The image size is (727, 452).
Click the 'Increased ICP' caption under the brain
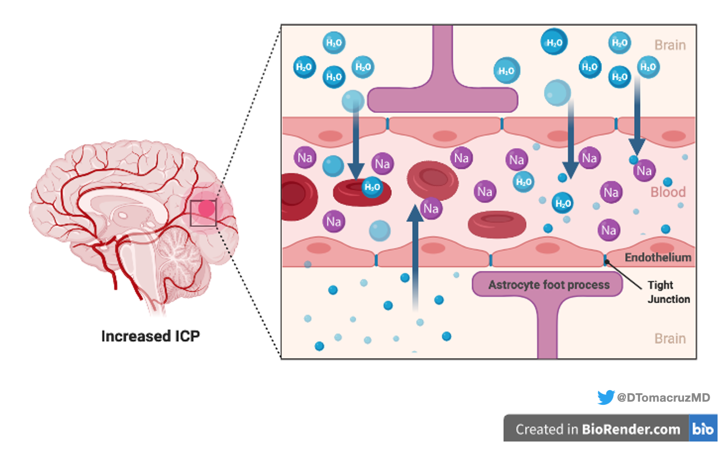(151, 336)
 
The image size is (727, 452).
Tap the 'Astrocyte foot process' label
(549, 285)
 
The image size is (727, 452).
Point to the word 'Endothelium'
(658, 257)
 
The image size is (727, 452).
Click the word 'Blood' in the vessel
(668, 192)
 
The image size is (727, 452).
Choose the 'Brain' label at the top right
(670, 45)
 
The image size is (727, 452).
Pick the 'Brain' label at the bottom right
(670, 339)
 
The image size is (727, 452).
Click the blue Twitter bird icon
(606, 397)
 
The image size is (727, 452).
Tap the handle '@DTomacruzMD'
(664, 397)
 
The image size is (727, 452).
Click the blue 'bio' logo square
(703, 429)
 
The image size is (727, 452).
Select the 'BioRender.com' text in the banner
(630, 429)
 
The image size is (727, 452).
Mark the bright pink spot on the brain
(206, 209)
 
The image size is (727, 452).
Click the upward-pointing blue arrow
(416, 252)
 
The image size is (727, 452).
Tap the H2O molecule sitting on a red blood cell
(372, 187)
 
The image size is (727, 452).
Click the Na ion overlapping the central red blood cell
(431, 208)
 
